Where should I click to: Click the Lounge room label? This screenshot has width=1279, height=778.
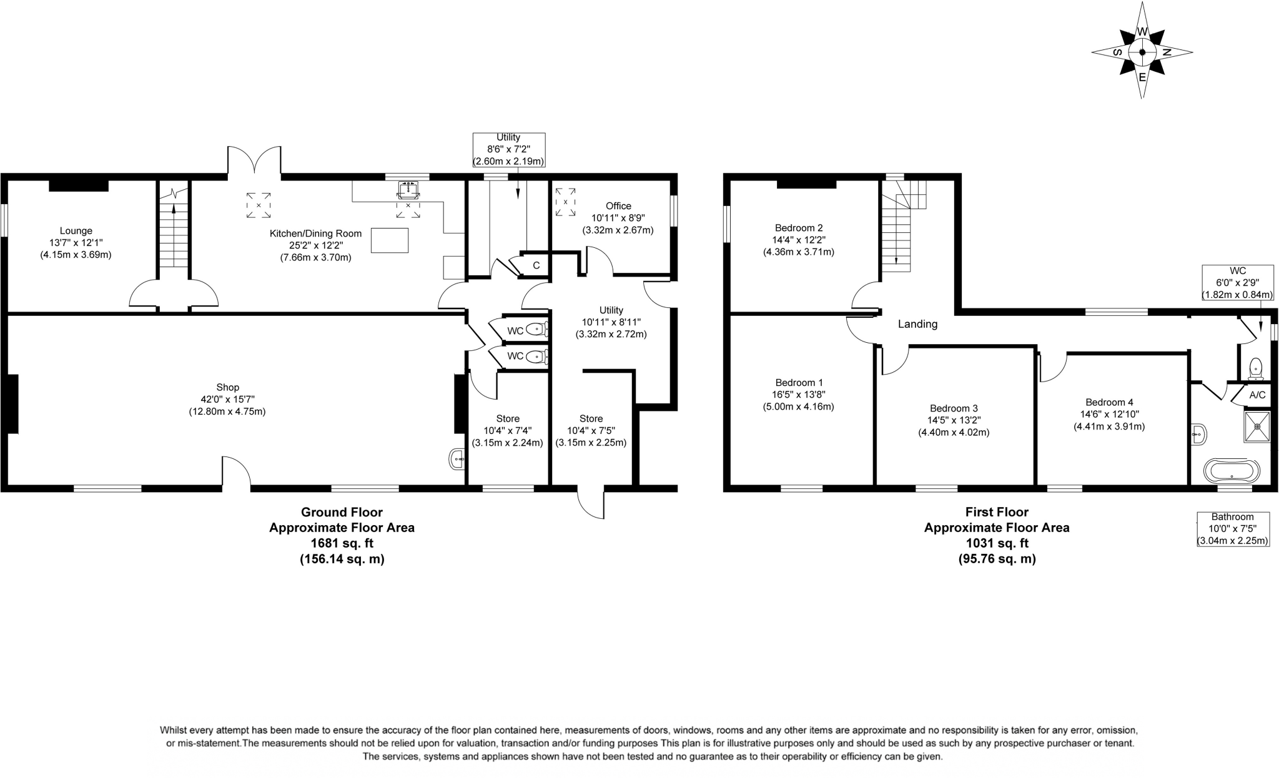pos(76,231)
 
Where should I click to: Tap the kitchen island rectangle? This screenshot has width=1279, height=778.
pos(390,240)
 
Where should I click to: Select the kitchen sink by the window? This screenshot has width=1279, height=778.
pos(408,189)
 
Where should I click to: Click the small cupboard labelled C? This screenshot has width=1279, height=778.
pos(536,265)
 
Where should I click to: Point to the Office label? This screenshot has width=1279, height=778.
pos(618,206)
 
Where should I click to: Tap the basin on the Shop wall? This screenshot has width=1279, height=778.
pos(457,460)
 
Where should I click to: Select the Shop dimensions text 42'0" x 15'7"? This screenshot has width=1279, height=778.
pos(227,400)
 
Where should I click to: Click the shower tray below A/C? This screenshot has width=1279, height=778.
pos(1257,426)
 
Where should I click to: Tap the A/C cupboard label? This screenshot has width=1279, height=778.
pos(1257,395)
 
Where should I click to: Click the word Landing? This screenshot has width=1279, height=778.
pos(917,324)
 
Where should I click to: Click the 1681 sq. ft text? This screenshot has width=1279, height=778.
pos(342,543)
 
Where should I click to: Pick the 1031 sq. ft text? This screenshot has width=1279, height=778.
pos(997,543)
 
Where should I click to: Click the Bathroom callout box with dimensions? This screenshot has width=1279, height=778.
pos(1233,529)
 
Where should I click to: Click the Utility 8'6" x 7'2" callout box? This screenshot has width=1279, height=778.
pos(508,149)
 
